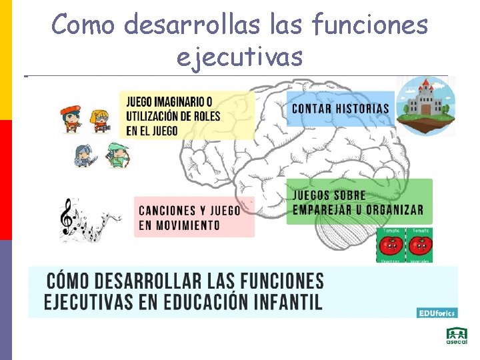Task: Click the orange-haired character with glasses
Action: (99, 119)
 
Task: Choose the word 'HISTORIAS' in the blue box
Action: (361, 108)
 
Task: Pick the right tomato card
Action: (420, 245)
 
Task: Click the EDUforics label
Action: (437, 312)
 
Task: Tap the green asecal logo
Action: (457, 336)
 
